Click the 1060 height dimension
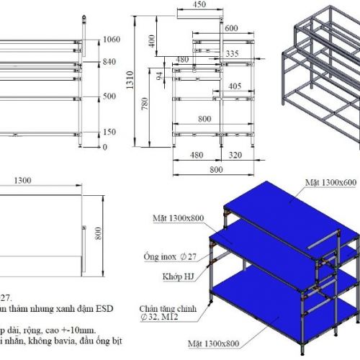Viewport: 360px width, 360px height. pyautogui.click(x=111, y=40)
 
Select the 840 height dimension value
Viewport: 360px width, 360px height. pyautogui.click(x=109, y=62)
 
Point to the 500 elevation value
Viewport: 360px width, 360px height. pyautogui.click(x=109, y=96)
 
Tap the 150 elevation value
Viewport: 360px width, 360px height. pyautogui.click(x=109, y=132)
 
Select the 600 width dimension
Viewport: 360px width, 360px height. pyautogui.click(x=230, y=28)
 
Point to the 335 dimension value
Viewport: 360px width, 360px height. pyautogui.click(x=232, y=53)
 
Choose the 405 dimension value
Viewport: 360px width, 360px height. pyautogui.click(x=234, y=86)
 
